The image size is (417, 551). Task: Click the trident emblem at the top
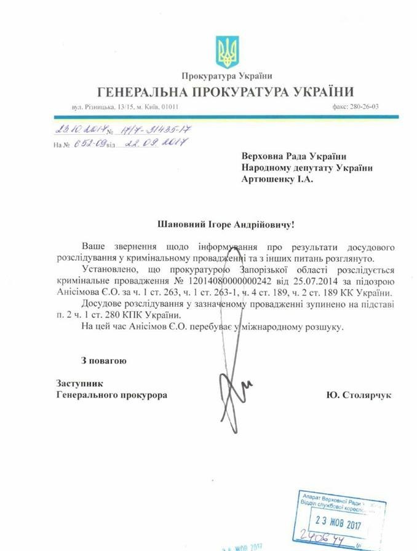(226, 52)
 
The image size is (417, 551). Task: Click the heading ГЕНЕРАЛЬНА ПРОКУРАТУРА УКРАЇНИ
(226, 93)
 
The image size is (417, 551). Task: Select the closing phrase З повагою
(103, 361)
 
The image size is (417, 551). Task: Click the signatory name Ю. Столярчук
(359, 395)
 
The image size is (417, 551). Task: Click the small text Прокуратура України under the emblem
(226, 76)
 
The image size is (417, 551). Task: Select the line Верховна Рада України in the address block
(292, 155)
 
